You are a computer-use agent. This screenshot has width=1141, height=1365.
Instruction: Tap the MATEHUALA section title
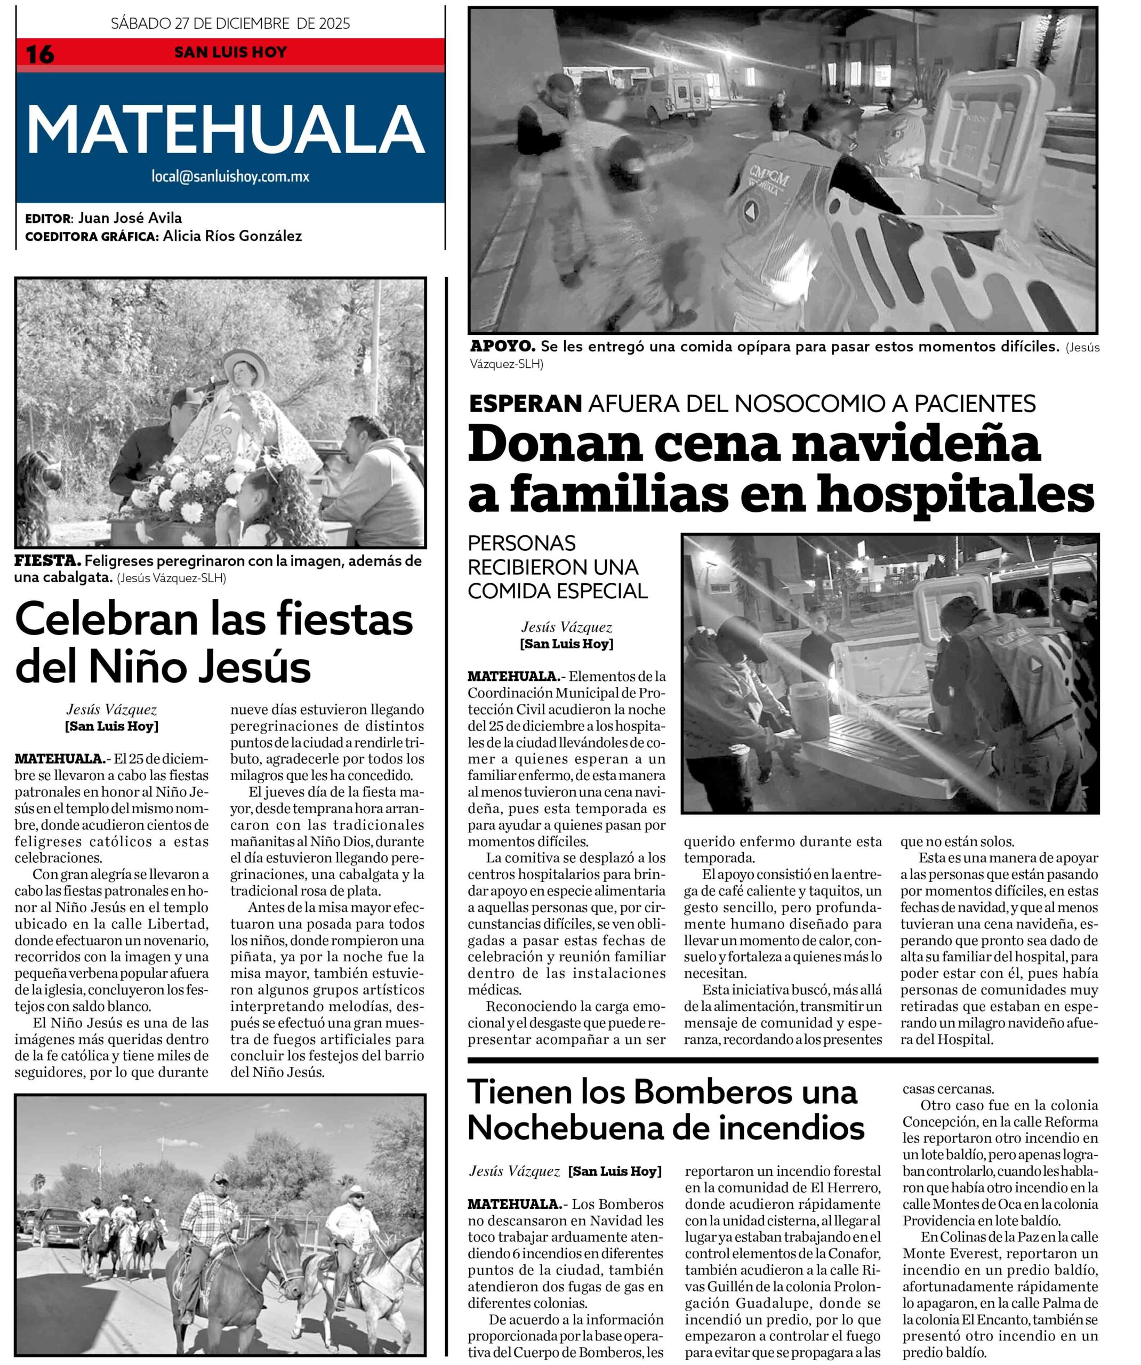226,131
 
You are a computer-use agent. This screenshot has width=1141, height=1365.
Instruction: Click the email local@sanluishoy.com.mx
230,176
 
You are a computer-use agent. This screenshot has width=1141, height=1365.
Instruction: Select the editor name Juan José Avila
130,218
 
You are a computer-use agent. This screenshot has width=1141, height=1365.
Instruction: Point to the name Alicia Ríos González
232,236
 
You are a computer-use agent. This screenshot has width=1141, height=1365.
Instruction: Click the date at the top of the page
230,24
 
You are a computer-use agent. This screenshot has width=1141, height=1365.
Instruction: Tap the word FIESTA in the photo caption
47,561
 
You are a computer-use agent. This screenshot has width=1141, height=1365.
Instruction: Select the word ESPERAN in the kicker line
525,404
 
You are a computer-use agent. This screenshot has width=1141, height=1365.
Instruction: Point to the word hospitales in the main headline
955,495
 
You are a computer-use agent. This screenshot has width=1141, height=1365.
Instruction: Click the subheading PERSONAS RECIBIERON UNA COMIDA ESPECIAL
558,567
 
